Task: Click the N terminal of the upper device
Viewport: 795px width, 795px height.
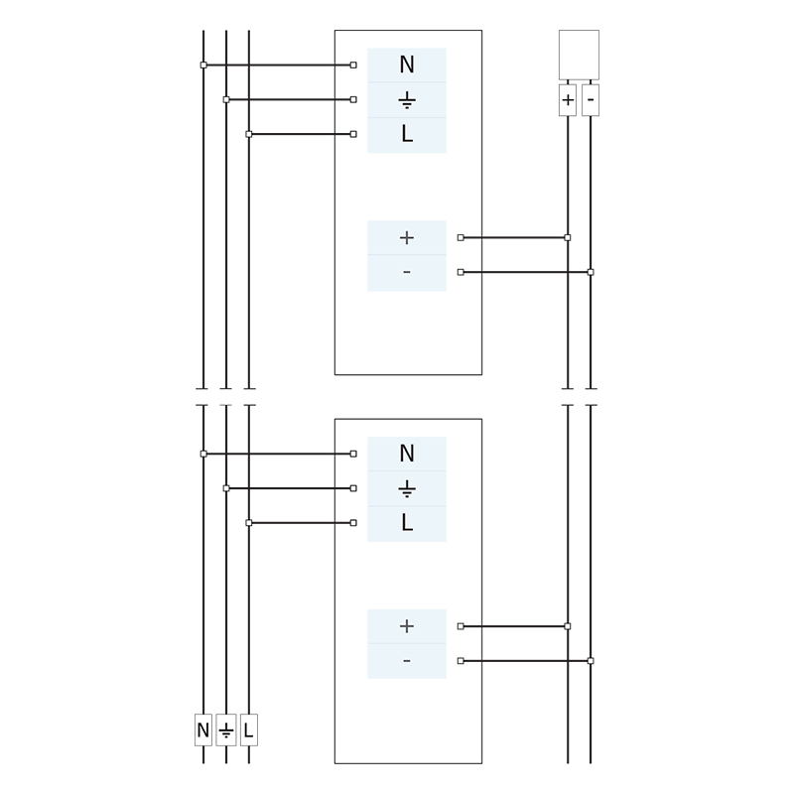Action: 406,66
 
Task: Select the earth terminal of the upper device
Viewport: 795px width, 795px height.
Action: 406,100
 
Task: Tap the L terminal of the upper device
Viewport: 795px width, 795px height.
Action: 406,135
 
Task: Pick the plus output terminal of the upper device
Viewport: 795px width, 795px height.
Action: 406,238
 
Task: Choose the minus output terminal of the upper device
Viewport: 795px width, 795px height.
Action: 406,273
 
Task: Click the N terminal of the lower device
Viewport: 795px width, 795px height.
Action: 406,455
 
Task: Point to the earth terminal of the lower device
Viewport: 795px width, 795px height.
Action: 406,489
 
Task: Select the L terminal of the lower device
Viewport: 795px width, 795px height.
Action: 406,523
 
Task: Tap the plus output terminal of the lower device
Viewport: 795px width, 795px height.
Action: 406,626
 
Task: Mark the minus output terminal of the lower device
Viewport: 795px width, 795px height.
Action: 406,661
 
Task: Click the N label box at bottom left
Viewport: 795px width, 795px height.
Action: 203,730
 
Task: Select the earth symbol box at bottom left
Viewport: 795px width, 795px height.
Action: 226,730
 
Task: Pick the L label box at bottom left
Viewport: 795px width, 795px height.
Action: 249,730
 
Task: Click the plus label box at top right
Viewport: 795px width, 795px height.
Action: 568,99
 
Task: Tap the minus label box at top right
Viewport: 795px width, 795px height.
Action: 591,99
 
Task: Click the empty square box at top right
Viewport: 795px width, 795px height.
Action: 579,55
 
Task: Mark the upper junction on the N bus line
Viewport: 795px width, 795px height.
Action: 203,66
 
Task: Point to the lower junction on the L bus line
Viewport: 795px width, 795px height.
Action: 249,523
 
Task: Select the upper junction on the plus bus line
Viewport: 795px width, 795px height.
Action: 568,238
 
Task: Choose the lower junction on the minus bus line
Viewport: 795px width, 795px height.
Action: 591,661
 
